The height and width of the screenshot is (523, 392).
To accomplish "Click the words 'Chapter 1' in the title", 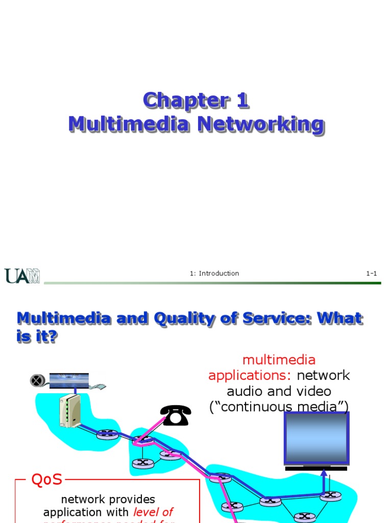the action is [196, 100].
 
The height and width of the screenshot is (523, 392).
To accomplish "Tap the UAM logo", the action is [22, 276].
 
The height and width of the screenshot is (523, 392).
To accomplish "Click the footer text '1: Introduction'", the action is [214, 273].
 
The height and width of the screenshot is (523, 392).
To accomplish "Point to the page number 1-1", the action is [371, 273].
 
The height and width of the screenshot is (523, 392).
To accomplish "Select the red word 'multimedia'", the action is [279, 360].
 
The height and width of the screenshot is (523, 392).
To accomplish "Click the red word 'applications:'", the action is [250, 375].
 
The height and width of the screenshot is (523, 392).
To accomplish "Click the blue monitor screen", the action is [316, 438].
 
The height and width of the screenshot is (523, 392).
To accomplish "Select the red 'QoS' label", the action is [46, 480].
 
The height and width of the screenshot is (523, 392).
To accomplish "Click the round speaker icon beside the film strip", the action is [36, 380].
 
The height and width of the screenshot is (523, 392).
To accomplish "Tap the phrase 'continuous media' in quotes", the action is [279, 407].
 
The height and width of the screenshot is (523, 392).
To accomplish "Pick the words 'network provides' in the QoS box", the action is [108, 499].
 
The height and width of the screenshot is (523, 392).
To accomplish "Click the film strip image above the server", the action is [69, 379].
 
